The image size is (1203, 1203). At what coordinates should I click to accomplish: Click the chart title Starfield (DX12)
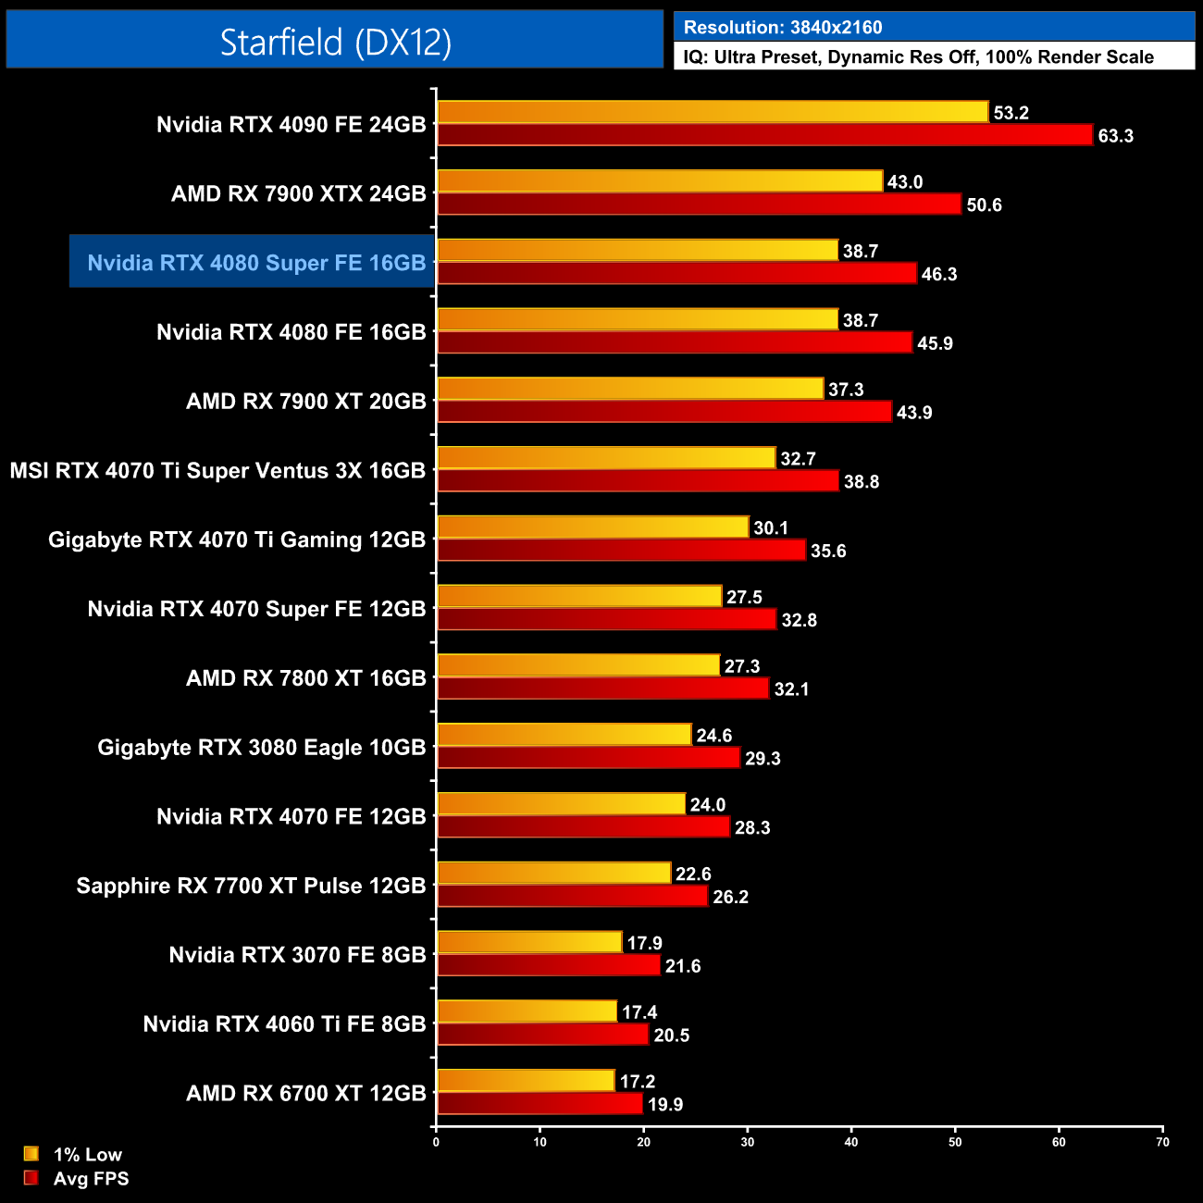click(x=335, y=42)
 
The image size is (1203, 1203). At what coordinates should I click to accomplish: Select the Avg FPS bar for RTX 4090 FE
click(x=764, y=135)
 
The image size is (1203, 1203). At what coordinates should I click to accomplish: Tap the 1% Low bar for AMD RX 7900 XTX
click(x=660, y=181)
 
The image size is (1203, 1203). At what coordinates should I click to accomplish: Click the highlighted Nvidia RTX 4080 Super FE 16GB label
click(x=256, y=263)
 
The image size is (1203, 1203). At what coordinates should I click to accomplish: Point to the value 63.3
click(x=1115, y=136)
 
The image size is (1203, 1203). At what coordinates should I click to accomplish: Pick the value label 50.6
click(x=984, y=205)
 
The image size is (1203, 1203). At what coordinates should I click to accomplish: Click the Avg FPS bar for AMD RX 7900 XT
click(x=664, y=412)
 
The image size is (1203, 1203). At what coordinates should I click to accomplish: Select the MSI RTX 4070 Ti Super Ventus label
click(x=217, y=471)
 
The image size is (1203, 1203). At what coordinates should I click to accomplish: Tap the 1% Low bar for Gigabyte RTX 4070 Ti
click(x=592, y=527)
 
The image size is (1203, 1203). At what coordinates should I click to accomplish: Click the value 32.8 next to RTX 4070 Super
click(x=799, y=620)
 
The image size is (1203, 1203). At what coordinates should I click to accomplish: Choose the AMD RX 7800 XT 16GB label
click(x=306, y=678)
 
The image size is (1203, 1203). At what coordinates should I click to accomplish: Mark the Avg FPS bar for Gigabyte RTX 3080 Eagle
click(x=589, y=758)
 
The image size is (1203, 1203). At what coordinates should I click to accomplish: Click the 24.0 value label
click(x=708, y=805)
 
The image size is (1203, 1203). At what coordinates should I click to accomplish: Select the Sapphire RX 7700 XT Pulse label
click(x=251, y=886)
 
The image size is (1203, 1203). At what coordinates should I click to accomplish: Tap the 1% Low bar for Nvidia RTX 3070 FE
click(x=529, y=943)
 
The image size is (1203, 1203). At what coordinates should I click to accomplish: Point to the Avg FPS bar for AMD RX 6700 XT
click(x=539, y=1104)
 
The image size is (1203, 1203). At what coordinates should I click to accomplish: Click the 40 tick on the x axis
click(x=851, y=1142)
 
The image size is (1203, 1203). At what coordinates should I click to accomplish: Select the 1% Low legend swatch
click(x=31, y=1154)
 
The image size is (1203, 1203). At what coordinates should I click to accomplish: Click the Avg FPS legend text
click(x=91, y=1179)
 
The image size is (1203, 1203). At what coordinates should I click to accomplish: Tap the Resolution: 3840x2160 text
click(x=783, y=28)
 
